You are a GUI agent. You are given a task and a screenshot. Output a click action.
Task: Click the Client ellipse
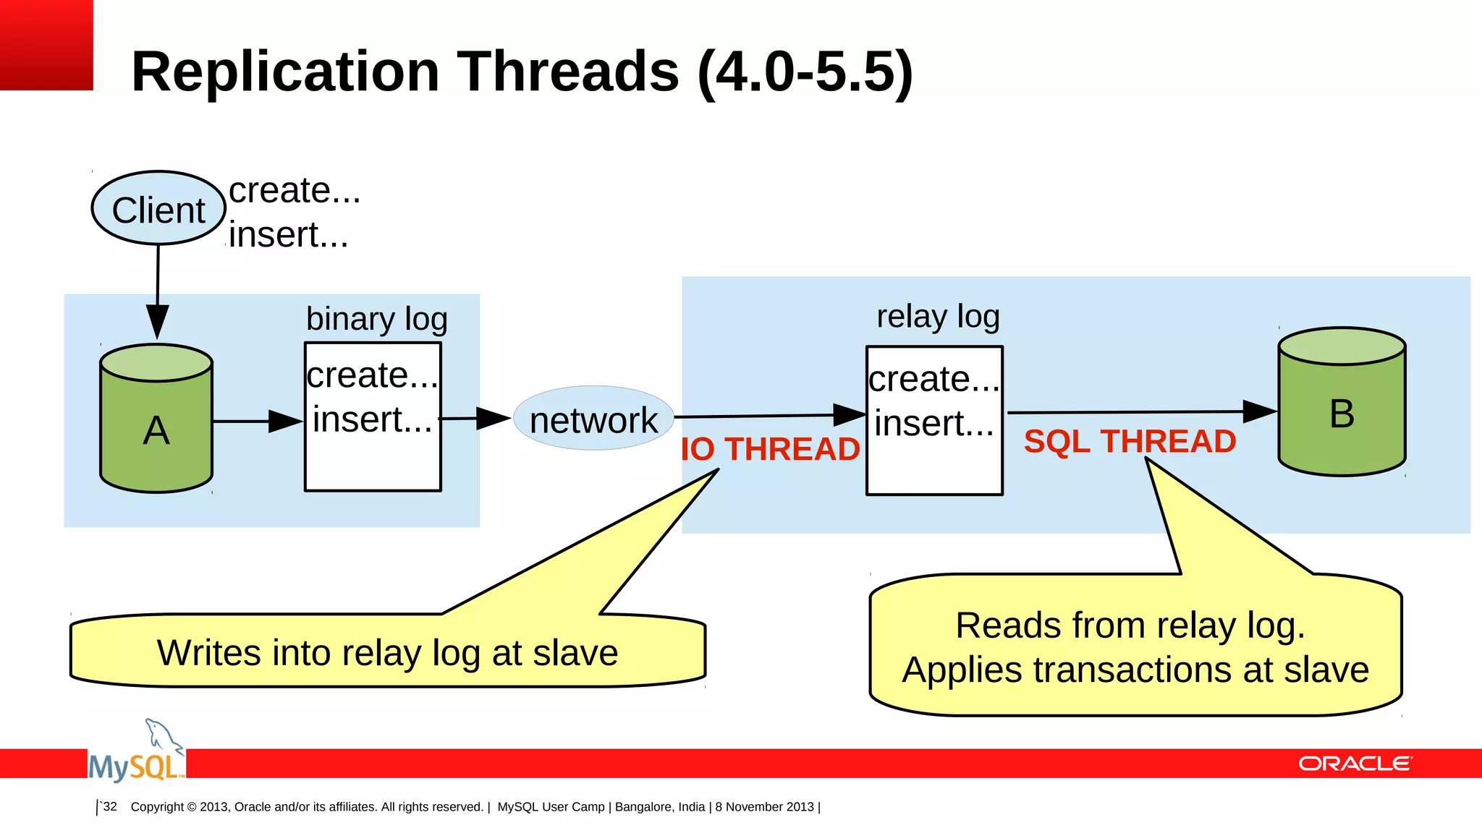click(158, 209)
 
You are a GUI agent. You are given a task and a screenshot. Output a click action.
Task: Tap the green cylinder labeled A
click(156, 427)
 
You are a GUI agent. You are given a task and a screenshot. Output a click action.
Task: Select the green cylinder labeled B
click(1342, 412)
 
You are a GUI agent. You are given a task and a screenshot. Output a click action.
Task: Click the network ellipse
click(593, 419)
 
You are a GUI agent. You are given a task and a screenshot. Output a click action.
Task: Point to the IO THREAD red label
click(770, 449)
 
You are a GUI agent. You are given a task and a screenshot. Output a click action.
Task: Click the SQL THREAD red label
click(1130, 441)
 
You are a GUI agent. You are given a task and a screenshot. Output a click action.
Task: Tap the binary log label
click(376, 319)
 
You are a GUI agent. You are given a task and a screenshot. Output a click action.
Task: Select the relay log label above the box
click(938, 316)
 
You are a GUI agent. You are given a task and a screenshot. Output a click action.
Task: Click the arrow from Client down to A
click(158, 289)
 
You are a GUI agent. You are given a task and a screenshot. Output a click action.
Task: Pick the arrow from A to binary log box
click(257, 421)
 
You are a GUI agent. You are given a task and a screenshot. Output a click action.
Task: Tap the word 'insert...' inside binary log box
click(372, 419)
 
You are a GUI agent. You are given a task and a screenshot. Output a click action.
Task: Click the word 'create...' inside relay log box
click(933, 379)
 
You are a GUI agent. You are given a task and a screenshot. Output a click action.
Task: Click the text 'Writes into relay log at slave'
click(387, 653)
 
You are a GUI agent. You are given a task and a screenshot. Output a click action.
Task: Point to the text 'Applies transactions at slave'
click(1135, 670)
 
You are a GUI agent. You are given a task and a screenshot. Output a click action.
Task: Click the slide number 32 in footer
click(109, 806)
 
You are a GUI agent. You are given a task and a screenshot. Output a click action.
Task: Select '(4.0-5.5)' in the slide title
click(805, 72)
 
